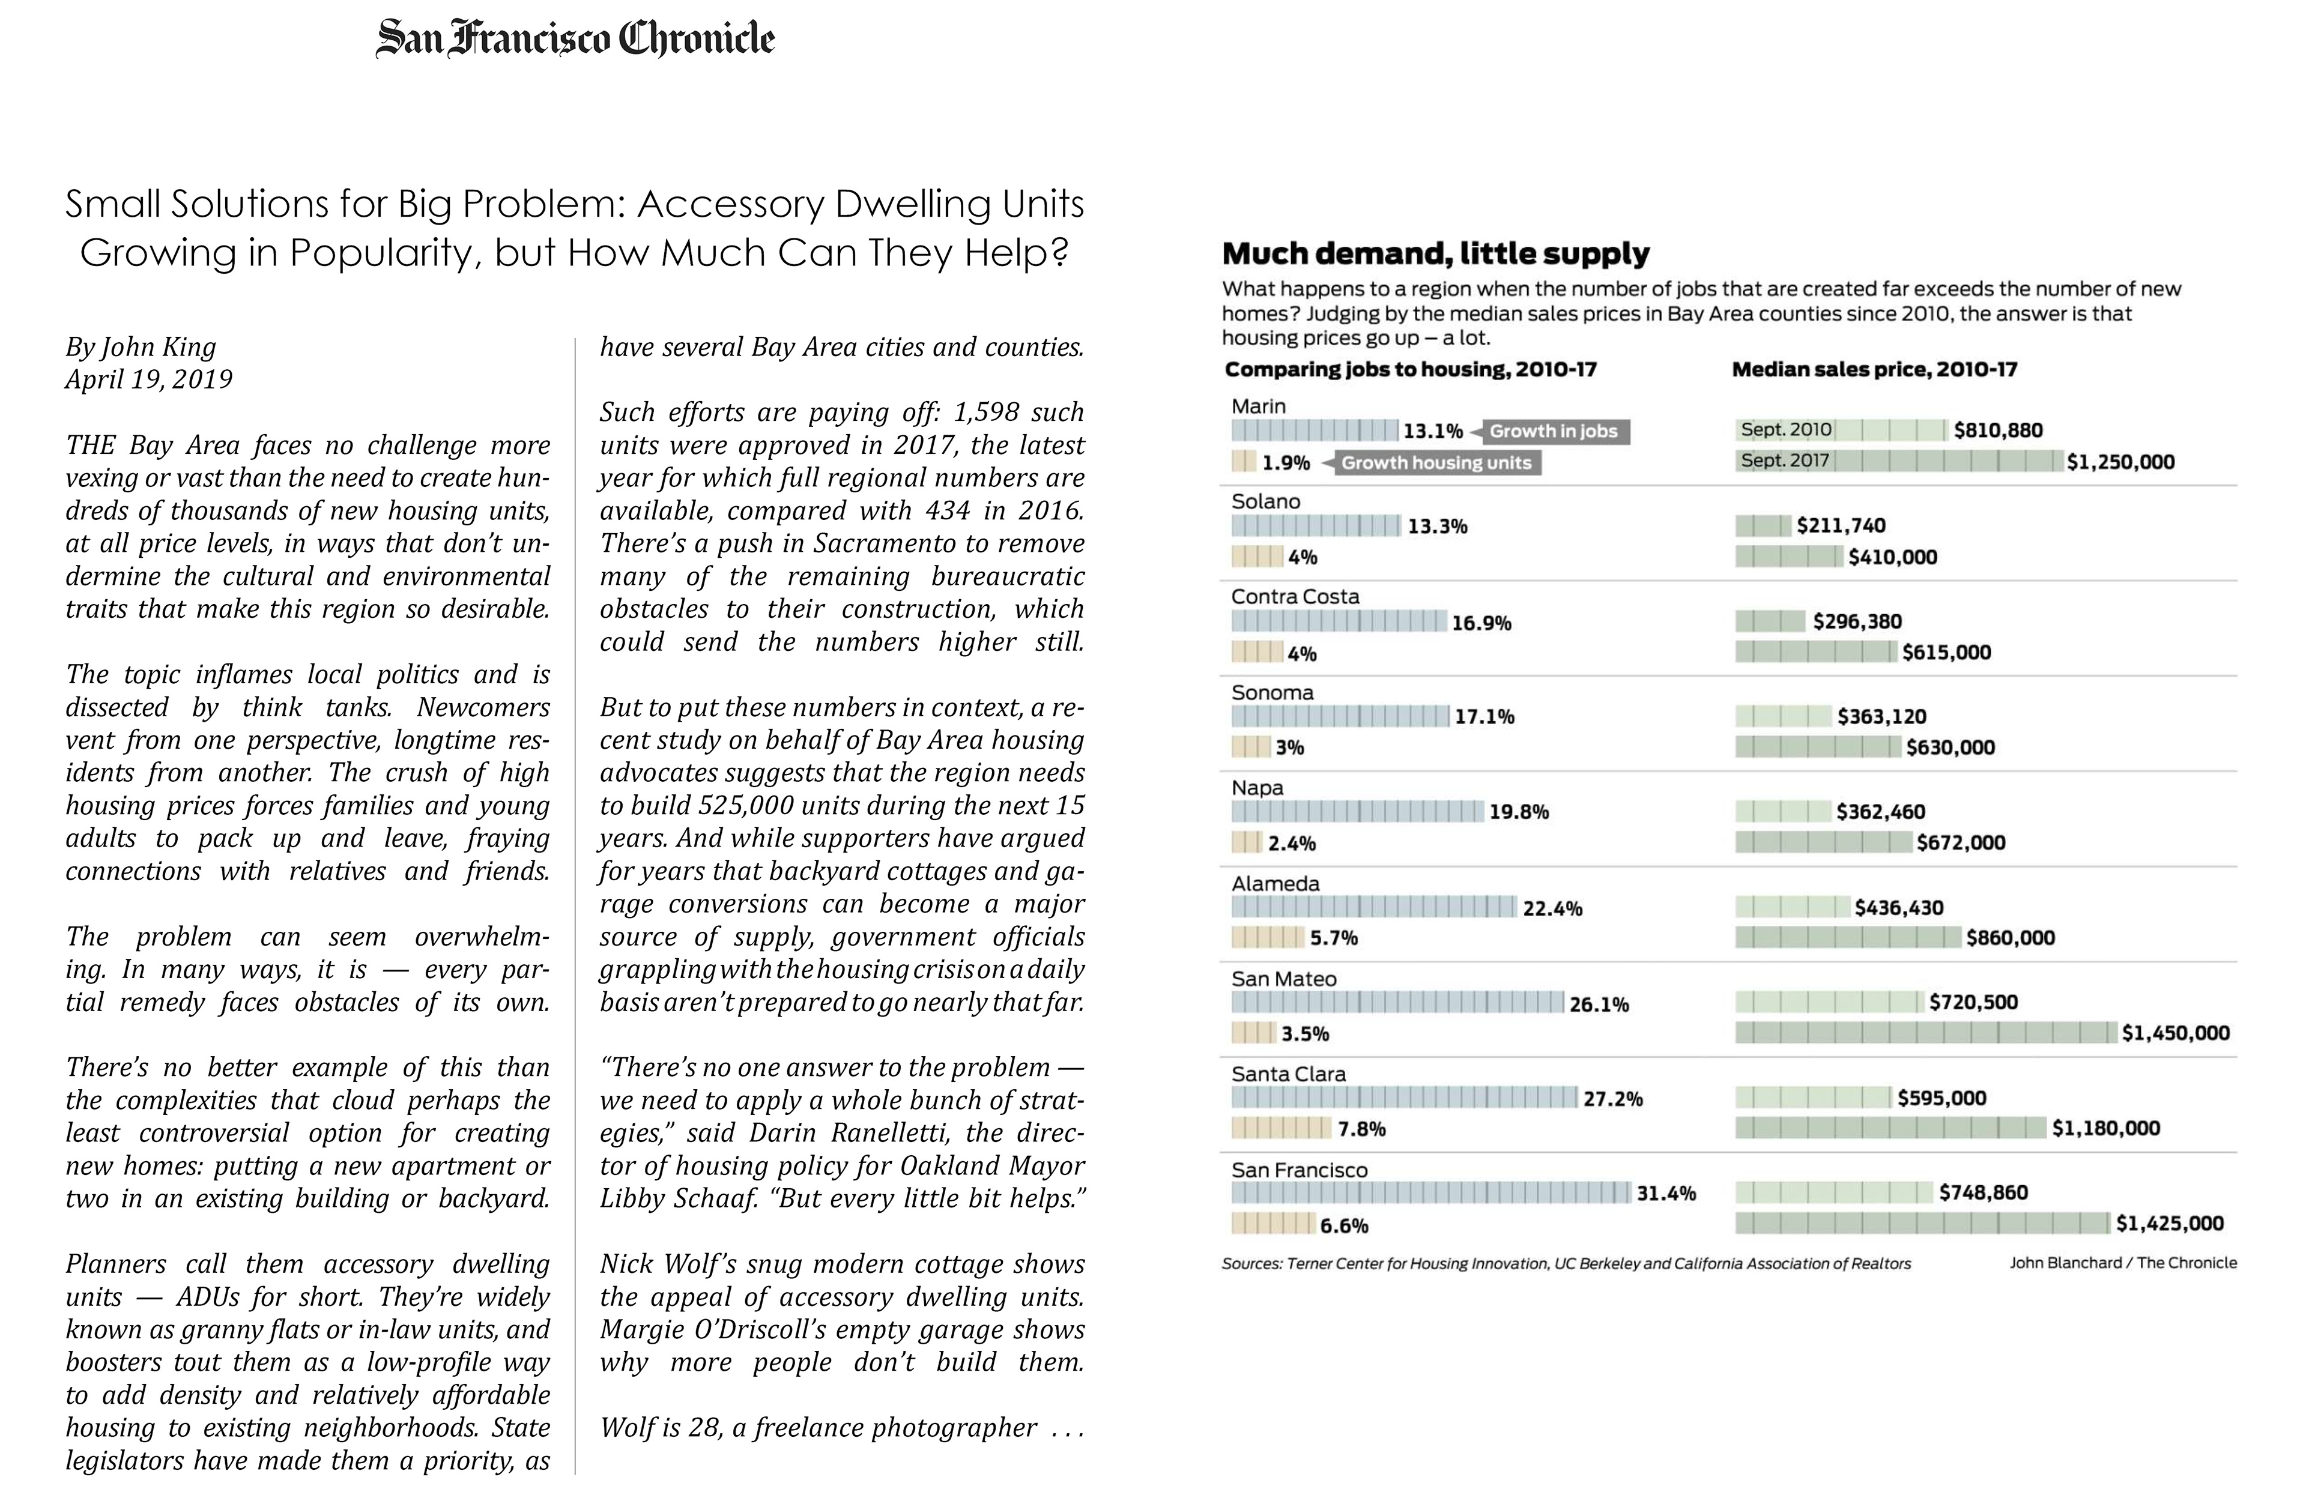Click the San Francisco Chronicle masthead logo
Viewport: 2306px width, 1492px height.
coord(575,39)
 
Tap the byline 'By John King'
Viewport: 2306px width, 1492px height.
coord(141,347)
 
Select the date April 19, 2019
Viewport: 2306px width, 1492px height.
coord(148,379)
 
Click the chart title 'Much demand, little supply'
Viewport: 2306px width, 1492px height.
coord(1435,254)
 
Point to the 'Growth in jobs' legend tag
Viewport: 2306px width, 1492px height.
coord(1552,431)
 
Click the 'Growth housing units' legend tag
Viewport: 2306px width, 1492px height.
coord(1435,463)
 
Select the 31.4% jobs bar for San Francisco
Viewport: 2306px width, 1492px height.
coord(1431,1192)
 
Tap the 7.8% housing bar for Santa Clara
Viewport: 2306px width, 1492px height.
coord(1281,1128)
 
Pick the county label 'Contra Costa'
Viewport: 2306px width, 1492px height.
coord(1295,597)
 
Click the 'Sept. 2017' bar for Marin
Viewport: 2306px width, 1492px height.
coord(1898,461)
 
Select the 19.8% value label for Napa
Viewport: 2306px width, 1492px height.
coord(1518,812)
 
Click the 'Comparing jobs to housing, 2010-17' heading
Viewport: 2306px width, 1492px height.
coord(1410,369)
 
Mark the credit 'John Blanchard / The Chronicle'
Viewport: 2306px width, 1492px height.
coord(2122,1263)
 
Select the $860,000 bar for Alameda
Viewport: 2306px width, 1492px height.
coord(1848,937)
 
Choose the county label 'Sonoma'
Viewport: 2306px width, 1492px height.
coord(1272,693)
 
